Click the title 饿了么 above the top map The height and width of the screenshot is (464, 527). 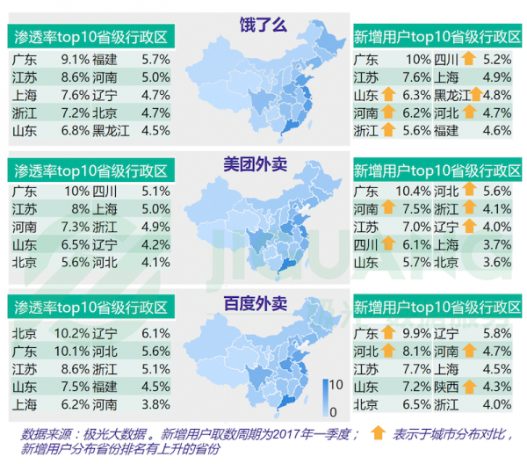[x=263, y=25]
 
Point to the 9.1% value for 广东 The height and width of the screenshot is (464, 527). [x=75, y=60]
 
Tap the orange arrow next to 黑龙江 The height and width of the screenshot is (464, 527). [x=475, y=95]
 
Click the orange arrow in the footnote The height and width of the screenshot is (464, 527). [x=378, y=431]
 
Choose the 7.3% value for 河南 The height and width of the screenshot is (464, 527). [x=75, y=227]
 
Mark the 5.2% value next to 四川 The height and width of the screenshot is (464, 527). [x=497, y=60]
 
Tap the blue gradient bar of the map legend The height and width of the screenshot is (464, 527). [x=321, y=397]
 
